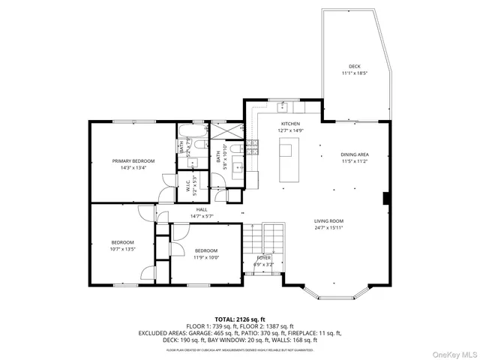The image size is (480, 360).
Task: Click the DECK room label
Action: click(x=354, y=66)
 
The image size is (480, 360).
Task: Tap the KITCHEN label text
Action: click(x=290, y=123)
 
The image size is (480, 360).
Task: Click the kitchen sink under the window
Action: click(x=283, y=106)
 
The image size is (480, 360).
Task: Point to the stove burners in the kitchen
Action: click(x=252, y=148)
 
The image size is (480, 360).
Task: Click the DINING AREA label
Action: click(x=355, y=155)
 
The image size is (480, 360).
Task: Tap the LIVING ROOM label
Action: click(x=328, y=220)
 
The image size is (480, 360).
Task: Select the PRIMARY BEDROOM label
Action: click(x=133, y=161)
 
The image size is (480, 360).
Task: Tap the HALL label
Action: click(x=201, y=210)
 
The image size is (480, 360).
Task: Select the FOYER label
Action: click(x=263, y=258)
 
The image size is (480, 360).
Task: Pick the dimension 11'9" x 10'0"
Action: click(x=206, y=257)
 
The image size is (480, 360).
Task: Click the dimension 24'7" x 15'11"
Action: click(x=328, y=227)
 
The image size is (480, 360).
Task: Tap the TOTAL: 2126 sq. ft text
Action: click(x=240, y=319)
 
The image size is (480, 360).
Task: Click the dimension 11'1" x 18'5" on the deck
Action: click(x=354, y=73)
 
